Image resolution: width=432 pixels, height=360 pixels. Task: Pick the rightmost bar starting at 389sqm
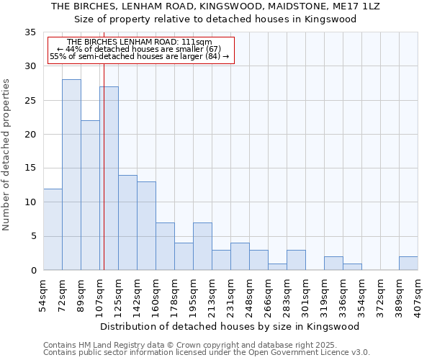click(408, 264)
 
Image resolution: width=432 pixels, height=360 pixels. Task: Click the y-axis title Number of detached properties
click(7, 155)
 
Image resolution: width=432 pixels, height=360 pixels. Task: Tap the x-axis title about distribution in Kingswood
click(230, 326)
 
